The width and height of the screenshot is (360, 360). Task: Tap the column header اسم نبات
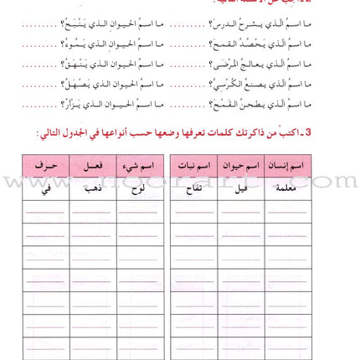193,165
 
